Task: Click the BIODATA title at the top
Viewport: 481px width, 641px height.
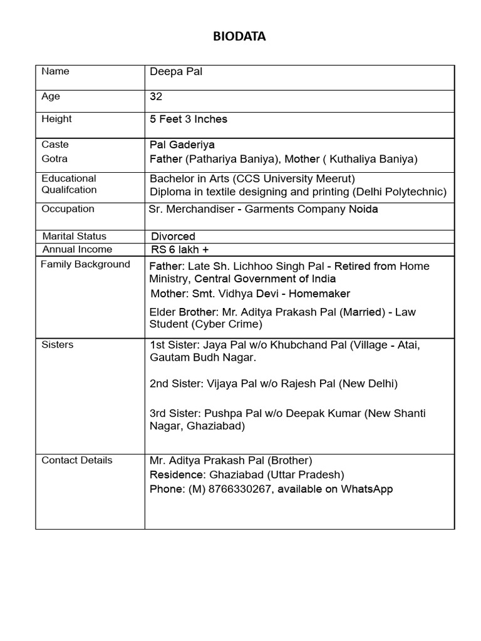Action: click(x=240, y=37)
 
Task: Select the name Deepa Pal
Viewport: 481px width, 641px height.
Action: click(x=176, y=71)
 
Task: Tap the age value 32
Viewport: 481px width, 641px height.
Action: click(x=156, y=97)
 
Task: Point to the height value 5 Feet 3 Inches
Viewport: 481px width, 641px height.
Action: click(x=188, y=119)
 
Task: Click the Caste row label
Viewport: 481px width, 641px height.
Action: click(x=55, y=145)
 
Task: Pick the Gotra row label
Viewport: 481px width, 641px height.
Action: click(x=54, y=159)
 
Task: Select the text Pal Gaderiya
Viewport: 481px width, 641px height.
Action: click(x=182, y=145)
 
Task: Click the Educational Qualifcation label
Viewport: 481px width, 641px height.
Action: click(x=69, y=184)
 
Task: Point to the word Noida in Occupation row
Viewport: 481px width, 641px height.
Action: click(x=363, y=209)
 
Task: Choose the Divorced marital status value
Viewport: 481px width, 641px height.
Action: click(x=173, y=237)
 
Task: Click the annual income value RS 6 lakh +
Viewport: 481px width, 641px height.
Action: click(x=180, y=250)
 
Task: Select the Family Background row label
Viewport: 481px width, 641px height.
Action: click(x=85, y=264)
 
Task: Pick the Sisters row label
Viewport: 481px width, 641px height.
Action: click(x=57, y=345)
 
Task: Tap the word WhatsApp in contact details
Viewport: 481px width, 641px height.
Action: click(x=366, y=490)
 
